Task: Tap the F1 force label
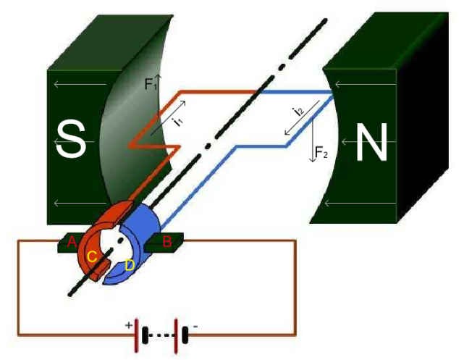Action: (x=150, y=85)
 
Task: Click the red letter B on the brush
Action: (x=167, y=242)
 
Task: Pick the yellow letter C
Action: (x=92, y=256)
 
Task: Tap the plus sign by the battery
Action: (x=130, y=326)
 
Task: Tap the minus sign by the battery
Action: (x=195, y=327)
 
